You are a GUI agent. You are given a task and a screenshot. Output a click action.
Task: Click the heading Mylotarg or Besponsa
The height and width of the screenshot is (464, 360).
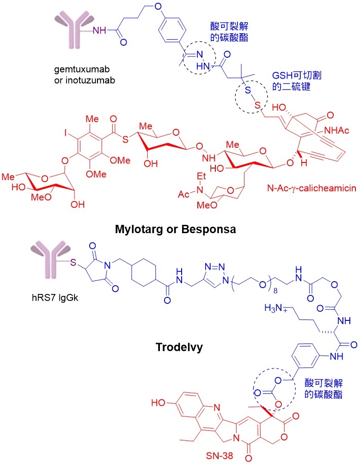176,229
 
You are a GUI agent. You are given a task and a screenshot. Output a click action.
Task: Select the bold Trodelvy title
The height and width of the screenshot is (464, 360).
179,347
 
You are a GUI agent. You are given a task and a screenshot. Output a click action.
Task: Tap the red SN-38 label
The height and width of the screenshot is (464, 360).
220,456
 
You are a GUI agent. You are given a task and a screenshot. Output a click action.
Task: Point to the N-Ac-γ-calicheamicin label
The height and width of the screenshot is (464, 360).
311,188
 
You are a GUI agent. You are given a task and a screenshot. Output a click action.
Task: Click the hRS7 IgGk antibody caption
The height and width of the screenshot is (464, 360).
55,297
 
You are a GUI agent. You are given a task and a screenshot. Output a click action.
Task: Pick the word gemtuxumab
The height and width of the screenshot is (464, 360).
82,69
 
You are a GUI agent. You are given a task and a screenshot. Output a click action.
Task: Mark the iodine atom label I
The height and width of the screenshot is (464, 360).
66,133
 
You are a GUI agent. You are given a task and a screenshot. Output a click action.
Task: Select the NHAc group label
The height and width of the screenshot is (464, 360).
336,130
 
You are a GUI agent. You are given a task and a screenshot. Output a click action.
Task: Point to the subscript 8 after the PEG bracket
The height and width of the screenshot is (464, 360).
275,291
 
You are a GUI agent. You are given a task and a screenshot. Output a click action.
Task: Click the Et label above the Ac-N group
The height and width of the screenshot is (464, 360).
201,176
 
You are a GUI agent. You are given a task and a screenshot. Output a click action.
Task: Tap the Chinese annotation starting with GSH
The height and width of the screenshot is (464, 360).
297,81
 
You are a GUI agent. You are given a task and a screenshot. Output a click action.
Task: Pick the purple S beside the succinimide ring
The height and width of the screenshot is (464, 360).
73,263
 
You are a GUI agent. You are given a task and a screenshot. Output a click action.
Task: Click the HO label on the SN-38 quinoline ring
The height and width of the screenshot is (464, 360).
158,403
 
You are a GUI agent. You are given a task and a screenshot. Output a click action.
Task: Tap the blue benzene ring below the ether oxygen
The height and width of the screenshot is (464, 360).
172,30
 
